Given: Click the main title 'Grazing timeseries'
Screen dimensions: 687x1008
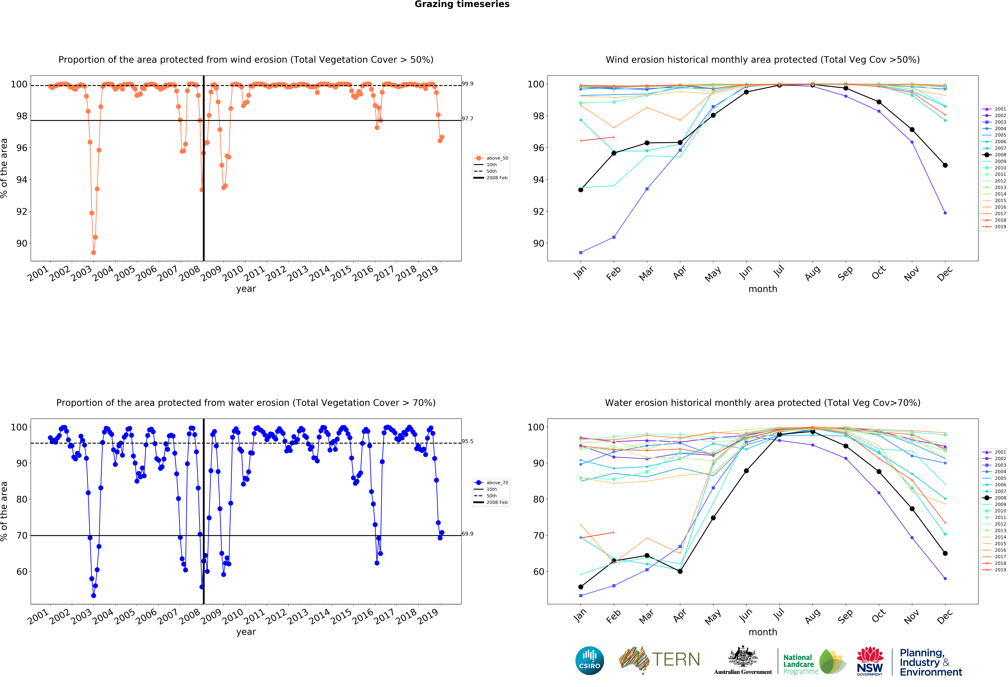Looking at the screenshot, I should click(x=462, y=4).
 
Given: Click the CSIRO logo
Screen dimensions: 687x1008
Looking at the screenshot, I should click(x=589, y=661).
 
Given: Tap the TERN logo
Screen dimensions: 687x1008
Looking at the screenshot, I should click(x=659, y=660).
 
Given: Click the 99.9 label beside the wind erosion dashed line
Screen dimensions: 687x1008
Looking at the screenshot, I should click(x=468, y=84).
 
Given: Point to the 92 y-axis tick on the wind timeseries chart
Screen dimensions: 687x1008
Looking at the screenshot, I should click(x=22, y=212).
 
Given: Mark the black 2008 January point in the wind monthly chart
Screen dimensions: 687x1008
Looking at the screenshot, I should click(x=581, y=190).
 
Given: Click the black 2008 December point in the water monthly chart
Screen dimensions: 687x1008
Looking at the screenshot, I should click(x=945, y=553).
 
